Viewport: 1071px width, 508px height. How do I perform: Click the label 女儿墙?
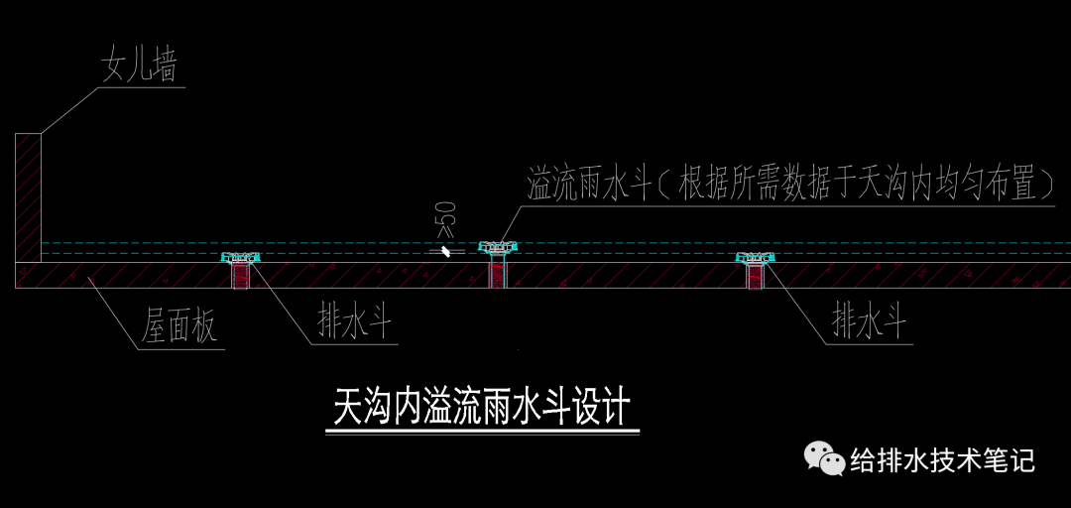[139, 66]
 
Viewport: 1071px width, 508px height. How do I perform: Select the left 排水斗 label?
[354, 321]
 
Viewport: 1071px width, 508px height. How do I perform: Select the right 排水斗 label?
[869, 321]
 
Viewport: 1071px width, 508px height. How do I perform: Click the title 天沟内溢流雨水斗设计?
[482, 407]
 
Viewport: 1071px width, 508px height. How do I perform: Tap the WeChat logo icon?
[824, 458]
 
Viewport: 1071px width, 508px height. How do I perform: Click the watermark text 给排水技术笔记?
[942, 460]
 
